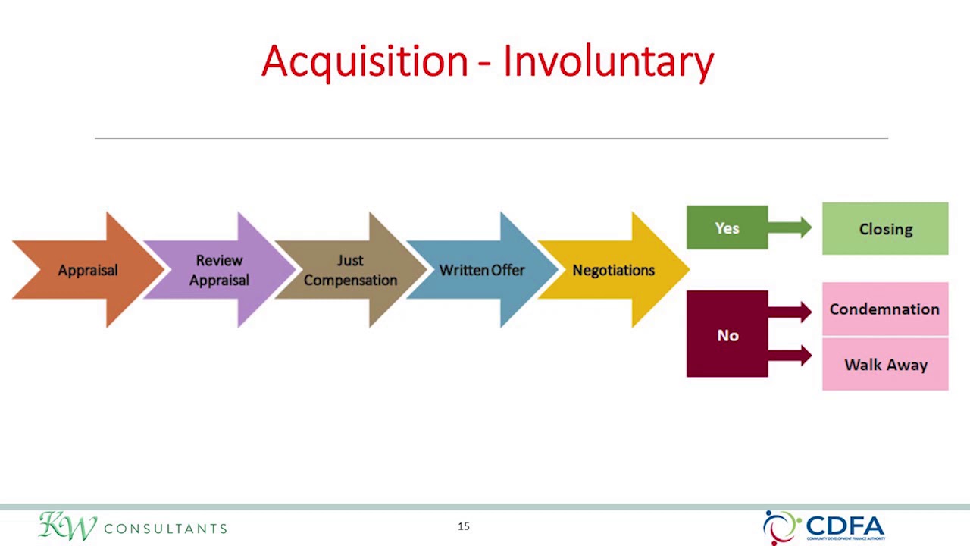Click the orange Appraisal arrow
point(87,270)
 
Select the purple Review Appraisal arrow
point(220,270)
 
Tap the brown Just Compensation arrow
point(350,270)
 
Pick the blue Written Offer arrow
point(482,270)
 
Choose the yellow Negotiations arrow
point(614,270)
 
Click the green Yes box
point(727,227)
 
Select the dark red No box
point(727,334)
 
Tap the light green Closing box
point(885,228)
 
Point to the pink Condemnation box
point(884,309)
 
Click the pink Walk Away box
point(885,365)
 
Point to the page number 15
point(464,526)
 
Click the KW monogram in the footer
point(67,526)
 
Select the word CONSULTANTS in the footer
point(165,529)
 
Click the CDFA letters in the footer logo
point(845,525)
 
